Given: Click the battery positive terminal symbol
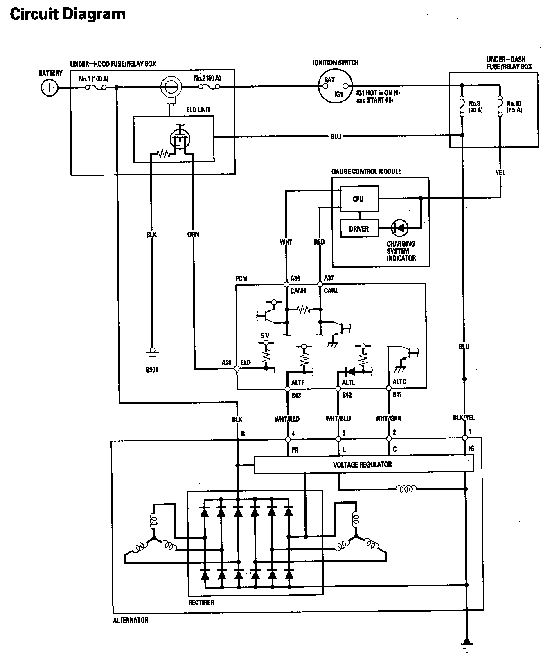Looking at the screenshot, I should [x=50, y=88].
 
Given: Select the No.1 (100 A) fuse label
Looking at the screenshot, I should [x=93, y=79].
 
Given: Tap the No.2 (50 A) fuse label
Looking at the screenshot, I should [x=207, y=78].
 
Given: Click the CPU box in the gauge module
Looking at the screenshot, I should [x=359, y=199].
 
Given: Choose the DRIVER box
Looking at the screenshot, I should [x=359, y=229].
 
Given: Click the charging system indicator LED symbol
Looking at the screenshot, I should [x=400, y=228].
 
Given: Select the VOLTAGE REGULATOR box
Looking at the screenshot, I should [x=363, y=465].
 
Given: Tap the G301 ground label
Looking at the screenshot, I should [x=151, y=370].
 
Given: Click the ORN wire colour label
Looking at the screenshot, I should [x=193, y=234].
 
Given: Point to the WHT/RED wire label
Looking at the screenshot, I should [x=287, y=419].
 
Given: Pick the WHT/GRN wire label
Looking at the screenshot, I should [x=388, y=418].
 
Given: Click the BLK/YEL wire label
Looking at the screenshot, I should [x=464, y=418].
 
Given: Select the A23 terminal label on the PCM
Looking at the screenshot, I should [x=226, y=362].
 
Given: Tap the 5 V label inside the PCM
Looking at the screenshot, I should [x=265, y=336].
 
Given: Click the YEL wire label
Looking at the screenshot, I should [x=500, y=173].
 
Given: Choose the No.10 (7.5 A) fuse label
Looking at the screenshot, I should [x=514, y=107].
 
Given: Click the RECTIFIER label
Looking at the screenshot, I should [x=201, y=602].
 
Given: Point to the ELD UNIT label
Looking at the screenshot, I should [x=198, y=110].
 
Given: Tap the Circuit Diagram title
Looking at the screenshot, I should [x=68, y=15].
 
